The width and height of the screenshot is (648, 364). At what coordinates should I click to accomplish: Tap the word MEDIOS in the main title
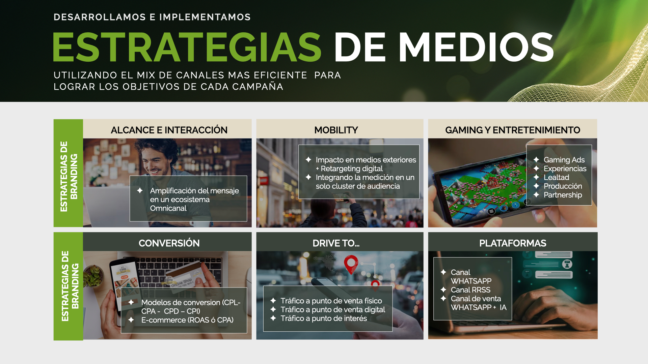coord(476,47)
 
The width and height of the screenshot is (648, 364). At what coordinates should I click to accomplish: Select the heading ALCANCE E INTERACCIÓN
coord(169,130)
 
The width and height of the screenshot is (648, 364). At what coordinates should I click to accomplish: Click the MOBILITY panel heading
coord(336,130)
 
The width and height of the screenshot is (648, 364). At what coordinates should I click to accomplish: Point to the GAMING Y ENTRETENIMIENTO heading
coord(513,130)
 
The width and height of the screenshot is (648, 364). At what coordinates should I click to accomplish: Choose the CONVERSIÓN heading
coord(169,243)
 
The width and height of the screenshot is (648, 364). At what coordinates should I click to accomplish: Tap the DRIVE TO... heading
coord(336,243)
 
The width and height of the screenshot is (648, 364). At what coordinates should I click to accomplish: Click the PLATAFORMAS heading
coord(513,243)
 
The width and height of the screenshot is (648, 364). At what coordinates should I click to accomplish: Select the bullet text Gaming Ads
coord(564,160)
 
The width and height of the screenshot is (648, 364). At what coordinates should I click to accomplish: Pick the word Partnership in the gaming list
coord(563,195)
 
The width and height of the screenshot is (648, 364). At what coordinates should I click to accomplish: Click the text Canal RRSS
coord(470,290)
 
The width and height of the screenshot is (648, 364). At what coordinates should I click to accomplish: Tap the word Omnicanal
coord(168,208)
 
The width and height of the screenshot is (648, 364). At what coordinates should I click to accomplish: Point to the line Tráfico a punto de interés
coord(324,318)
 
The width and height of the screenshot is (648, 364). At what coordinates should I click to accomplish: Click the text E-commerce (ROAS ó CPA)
coord(187,320)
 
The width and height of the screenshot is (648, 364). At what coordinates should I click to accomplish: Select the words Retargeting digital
coord(352,169)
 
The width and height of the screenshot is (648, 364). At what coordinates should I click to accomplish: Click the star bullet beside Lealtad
coord(536,177)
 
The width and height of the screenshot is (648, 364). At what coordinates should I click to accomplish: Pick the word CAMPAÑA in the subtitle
coord(259,87)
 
